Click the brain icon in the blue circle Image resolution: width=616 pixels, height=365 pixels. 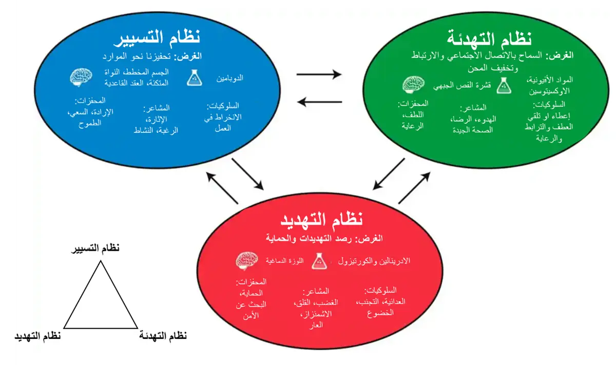point(81,76)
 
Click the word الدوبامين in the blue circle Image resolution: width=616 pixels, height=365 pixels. point(228,79)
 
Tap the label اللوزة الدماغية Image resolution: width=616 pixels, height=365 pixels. point(284,261)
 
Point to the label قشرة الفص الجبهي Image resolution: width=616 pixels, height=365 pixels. point(460,85)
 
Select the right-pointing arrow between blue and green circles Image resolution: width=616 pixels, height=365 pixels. point(319,75)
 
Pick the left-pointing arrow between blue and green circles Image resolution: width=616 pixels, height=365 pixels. point(319,102)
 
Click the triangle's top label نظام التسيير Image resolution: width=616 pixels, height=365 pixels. point(95,248)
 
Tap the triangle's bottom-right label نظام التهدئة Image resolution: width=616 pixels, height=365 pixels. point(163,336)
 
